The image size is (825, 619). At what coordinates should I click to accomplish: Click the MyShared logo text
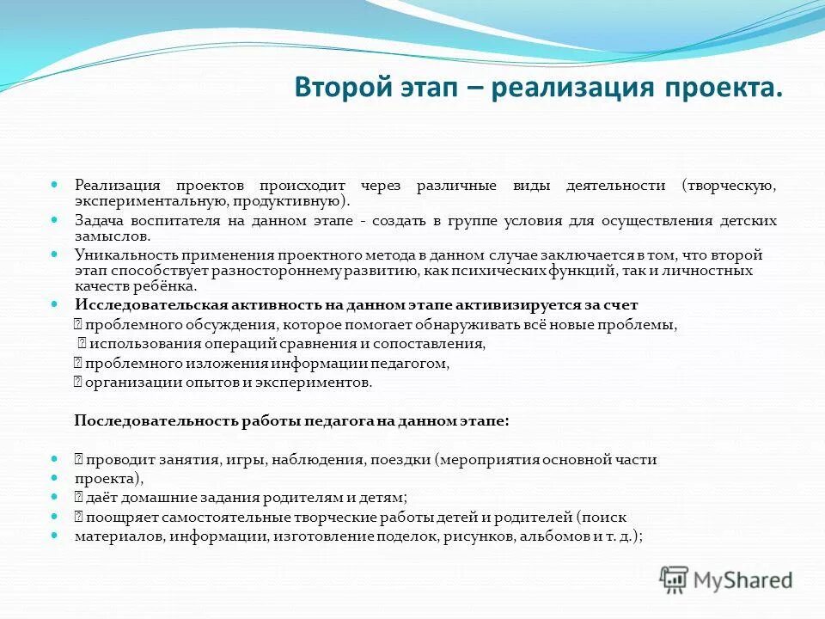coord(743,579)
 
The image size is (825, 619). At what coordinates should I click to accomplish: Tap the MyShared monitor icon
coord(675,579)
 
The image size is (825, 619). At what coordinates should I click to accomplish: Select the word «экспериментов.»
coord(319,383)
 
